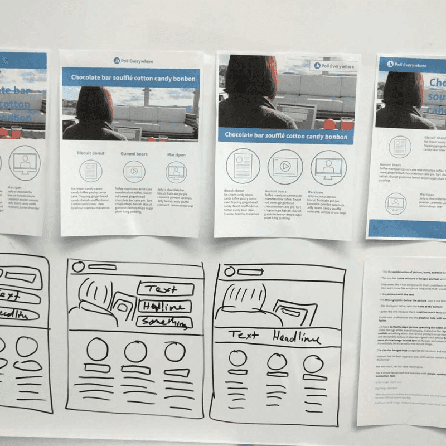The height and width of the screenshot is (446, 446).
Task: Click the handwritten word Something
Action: (164, 322)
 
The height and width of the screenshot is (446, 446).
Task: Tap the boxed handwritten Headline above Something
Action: (164, 306)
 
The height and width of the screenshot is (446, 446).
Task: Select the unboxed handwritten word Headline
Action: (297, 337)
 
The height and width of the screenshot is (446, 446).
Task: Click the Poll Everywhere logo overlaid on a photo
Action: (333, 66)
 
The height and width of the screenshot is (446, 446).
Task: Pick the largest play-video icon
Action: (285, 167)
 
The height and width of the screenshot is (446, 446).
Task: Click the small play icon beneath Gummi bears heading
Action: (134, 171)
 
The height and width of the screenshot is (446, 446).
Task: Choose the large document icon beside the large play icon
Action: (243, 167)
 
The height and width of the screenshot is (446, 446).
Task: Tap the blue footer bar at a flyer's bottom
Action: (408, 229)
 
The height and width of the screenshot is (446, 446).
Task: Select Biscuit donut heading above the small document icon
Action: (90, 153)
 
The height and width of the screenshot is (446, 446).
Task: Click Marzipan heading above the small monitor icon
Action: (176, 153)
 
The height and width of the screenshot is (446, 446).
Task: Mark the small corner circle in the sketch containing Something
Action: (79, 266)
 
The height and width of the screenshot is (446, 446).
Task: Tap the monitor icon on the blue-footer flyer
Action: (396, 203)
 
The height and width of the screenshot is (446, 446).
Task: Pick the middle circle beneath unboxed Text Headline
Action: (277, 362)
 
